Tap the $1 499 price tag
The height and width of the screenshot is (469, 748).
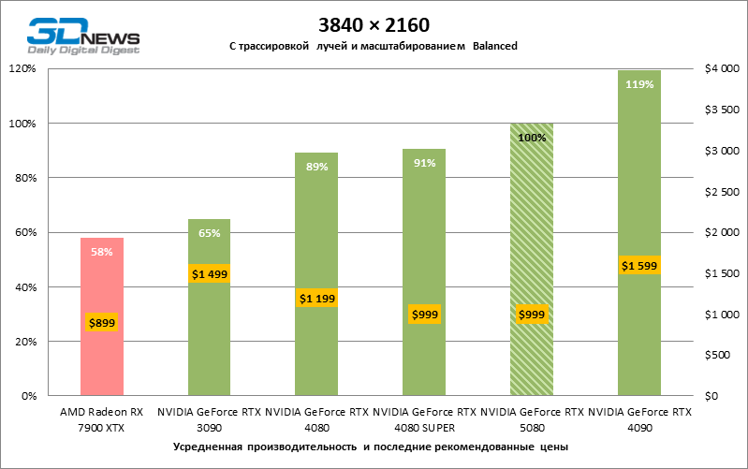pos(210,273)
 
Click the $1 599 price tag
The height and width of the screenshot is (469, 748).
pos(639,266)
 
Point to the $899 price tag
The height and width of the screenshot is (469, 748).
pos(102,323)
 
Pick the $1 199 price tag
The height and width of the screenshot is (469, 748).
pos(316,299)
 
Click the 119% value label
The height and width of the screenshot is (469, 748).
pos(639,83)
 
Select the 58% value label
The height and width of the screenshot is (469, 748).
pos(102,251)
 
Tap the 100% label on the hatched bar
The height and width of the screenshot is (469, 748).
pos(531,138)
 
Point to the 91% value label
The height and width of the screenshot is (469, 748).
pos(423,163)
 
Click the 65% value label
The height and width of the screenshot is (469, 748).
pos(210,233)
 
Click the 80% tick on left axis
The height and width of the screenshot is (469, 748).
pos(23,178)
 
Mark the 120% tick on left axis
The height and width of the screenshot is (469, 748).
pos(21,69)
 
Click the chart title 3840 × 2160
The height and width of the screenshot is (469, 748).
pos(373,23)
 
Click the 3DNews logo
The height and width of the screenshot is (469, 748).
pos(82,36)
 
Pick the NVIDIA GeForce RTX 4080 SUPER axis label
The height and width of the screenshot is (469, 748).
pos(423,418)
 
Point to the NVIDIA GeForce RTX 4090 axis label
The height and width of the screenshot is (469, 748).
pos(639,418)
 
